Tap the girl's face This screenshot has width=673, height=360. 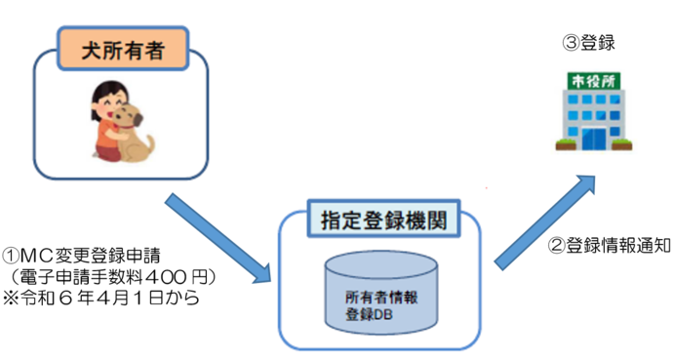(105, 100)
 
